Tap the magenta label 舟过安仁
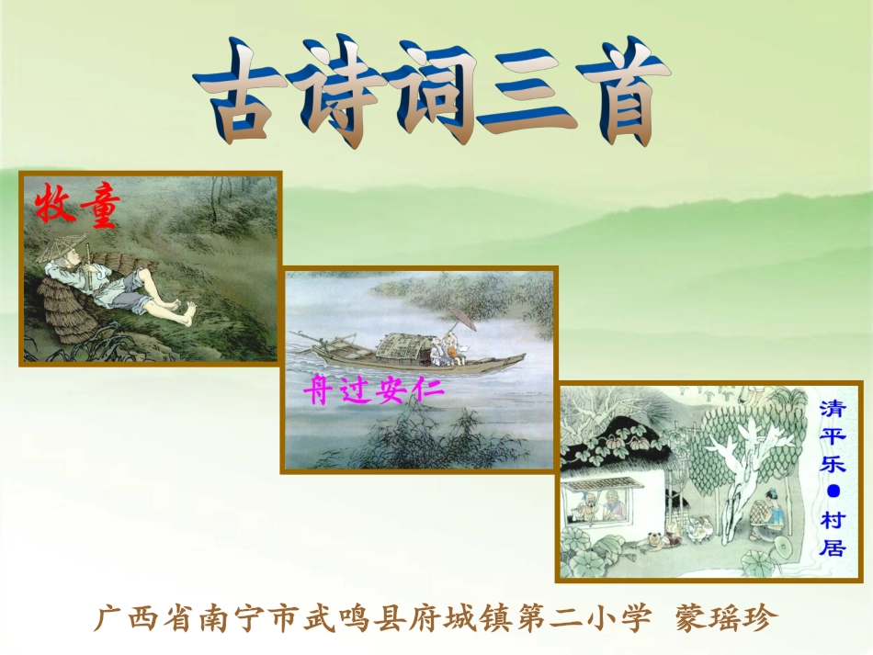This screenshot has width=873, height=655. pyautogui.click(x=374, y=392)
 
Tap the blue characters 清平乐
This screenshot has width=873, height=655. pyautogui.click(x=833, y=436)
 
